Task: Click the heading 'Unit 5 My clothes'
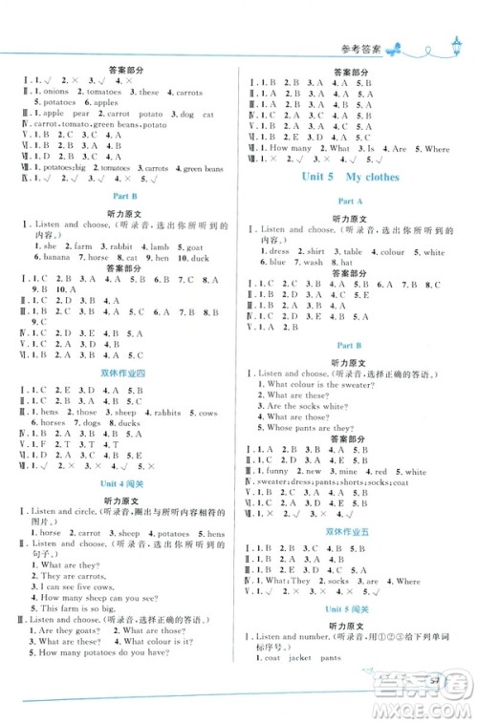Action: click(349, 177)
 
